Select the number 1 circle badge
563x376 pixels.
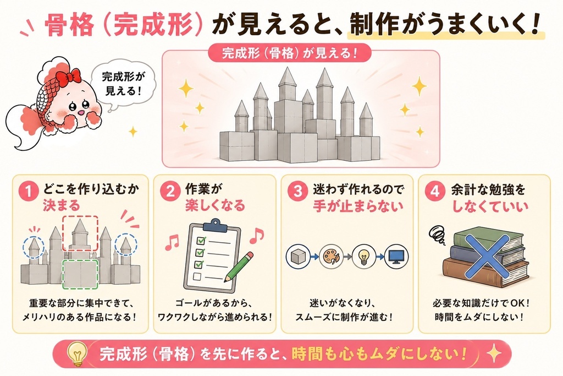coord(29,191)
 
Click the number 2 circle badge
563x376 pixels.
coord(170,191)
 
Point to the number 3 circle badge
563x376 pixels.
coord(298,191)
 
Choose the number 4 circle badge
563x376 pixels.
coord(434,191)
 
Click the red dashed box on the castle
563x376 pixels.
coord(80,233)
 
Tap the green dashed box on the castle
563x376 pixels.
coord(80,275)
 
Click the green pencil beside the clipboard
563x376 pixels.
coord(239,267)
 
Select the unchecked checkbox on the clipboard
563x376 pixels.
coord(197,276)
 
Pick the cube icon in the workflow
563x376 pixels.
coord(298,257)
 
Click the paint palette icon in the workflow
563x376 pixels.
coord(331,257)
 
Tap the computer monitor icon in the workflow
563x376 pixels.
coord(396,257)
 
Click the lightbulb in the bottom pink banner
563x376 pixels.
coord(77,354)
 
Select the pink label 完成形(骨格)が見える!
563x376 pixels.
coord(290,53)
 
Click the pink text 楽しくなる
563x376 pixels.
coord(215,206)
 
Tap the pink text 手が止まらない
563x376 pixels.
coord(357,206)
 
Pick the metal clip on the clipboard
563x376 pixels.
coord(215,225)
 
